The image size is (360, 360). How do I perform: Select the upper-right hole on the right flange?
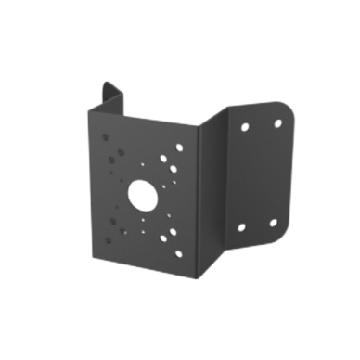coord(276,122)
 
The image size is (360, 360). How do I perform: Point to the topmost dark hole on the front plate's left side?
coord(111,135)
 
